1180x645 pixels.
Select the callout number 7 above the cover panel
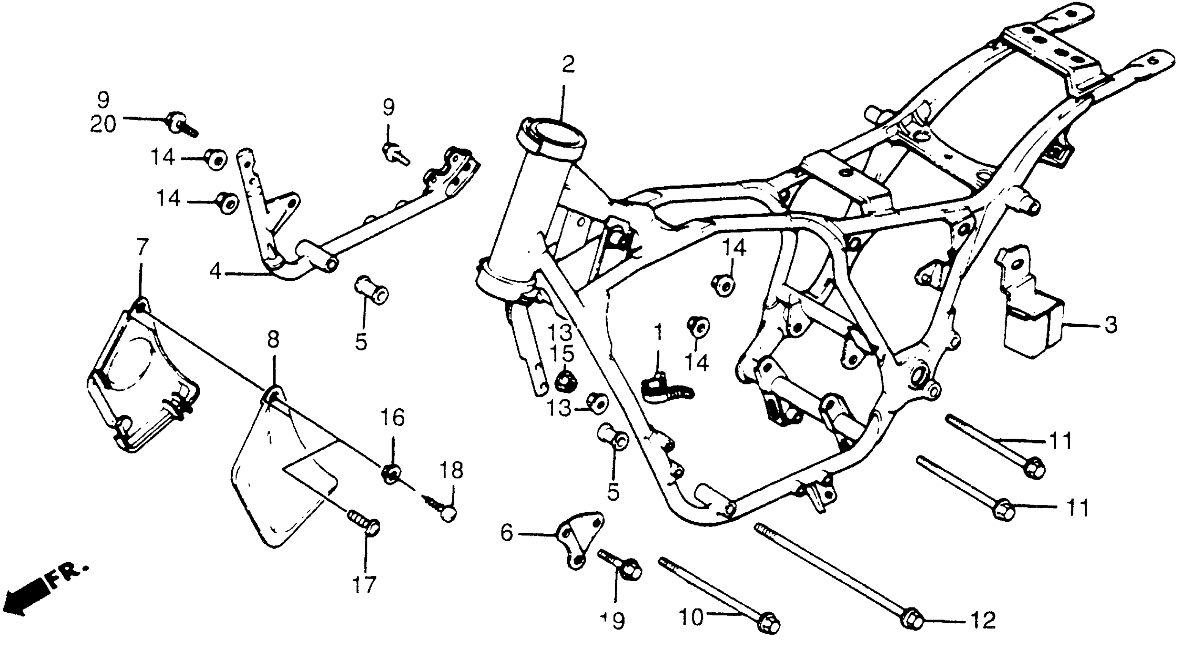click(142, 248)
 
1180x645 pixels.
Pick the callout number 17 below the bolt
click(364, 585)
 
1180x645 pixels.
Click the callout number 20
click(103, 124)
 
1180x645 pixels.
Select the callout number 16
click(393, 418)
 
